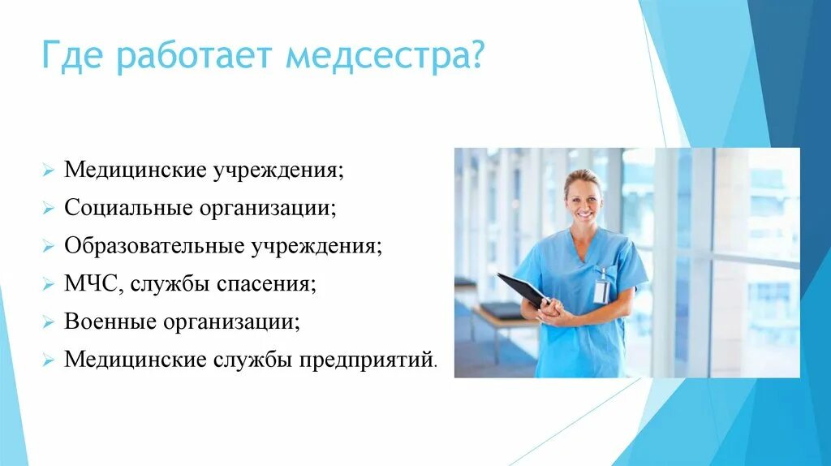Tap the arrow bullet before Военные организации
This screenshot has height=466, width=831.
pos(49,321)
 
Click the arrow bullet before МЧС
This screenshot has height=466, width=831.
pos(49,284)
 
